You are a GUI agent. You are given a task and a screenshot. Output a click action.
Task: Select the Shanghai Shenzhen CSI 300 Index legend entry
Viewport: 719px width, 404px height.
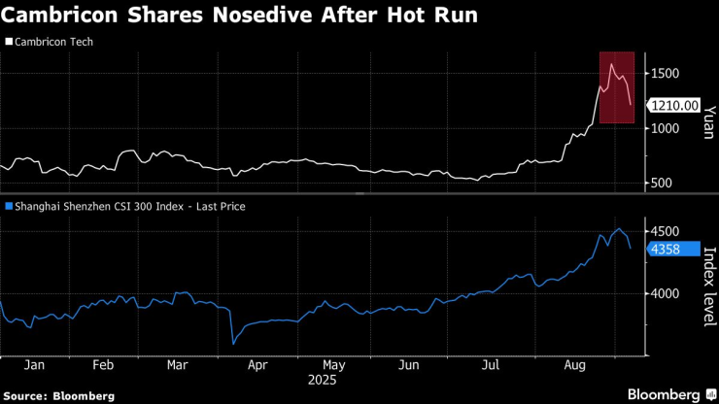126,206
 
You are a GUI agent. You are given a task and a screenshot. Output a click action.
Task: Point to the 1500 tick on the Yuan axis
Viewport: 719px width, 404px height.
666,74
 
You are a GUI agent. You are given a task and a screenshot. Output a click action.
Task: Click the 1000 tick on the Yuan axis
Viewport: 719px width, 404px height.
666,128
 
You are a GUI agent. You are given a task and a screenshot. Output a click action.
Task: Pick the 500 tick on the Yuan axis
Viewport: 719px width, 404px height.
662,183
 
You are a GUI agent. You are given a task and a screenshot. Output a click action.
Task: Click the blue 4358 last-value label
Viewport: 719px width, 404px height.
666,249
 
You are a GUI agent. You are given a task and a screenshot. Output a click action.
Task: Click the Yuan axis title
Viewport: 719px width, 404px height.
708,121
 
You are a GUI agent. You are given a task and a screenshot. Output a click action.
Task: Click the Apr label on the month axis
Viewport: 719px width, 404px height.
257,366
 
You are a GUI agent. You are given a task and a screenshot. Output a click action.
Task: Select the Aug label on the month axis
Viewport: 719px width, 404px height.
573,366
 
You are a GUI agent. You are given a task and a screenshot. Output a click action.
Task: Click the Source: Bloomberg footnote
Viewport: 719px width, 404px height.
58,395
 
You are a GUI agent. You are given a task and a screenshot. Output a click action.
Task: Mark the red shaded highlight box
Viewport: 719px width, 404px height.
616,87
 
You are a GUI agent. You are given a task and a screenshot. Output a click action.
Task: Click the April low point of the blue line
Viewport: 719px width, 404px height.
233,343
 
